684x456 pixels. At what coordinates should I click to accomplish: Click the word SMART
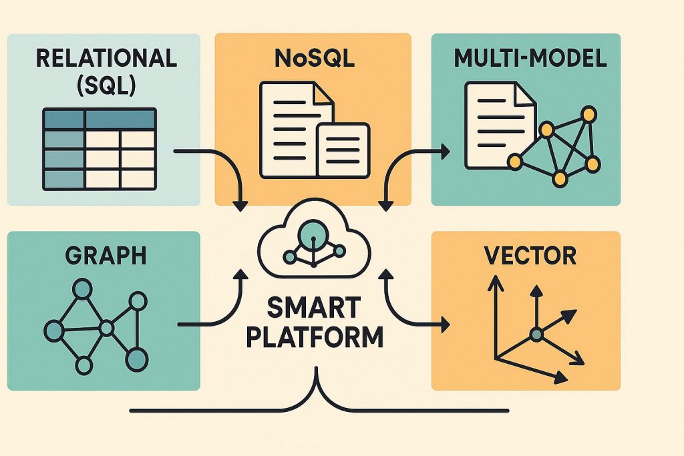click(x=313, y=308)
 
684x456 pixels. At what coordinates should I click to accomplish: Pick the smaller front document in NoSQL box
click(x=343, y=149)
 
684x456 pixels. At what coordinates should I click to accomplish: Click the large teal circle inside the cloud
click(x=313, y=233)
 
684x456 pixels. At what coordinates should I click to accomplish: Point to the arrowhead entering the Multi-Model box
click(x=444, y=153)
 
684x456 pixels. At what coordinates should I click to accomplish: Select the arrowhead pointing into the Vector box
click(x=444, y=325)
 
